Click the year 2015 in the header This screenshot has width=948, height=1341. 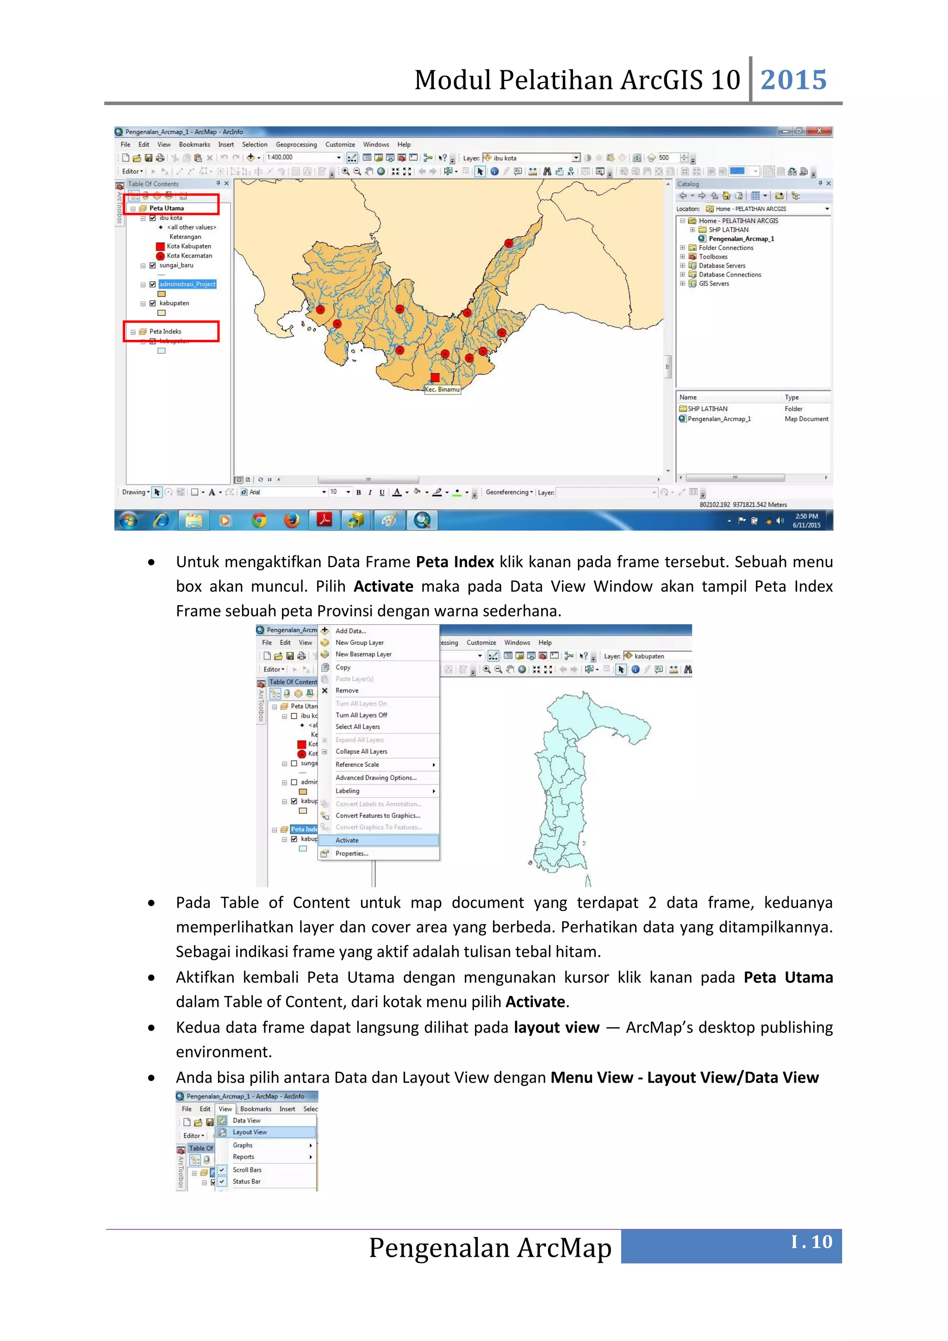tap(793, 80)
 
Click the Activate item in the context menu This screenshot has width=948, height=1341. tap(347, 840)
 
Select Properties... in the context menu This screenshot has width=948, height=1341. tap(351, 853)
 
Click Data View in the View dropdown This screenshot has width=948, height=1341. tap(246, 1120)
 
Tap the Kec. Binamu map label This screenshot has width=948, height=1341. tap(442, 389)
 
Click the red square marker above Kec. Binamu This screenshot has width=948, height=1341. tap(435, 377)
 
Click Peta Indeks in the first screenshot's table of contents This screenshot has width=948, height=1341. tap(165, 331)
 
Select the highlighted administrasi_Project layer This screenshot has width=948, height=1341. tap(187, 284)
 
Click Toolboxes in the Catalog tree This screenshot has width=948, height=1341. tap(713, 257)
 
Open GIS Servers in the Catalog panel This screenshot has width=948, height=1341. tap(713, 283)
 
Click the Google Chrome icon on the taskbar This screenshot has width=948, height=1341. tap(259, 520)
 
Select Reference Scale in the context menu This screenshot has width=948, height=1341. tap(357, 764)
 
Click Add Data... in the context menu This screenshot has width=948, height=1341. tap(351, 631)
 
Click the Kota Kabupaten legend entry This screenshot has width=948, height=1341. tap(188, 246)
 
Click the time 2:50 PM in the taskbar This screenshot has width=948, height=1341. tap(806, 516)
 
